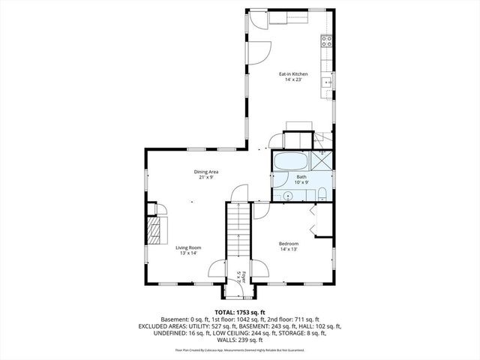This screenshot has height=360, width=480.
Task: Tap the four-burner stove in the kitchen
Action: [x=327, y=42]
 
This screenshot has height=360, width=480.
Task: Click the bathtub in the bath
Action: [x=289, y=160]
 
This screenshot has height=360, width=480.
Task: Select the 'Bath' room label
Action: [x=301, y=177]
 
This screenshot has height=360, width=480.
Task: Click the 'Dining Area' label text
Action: [x=206, y=172]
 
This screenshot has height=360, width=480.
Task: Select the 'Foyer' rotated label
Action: [x=239, y=276]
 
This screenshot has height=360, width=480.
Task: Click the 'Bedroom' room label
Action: [x=289, y=243]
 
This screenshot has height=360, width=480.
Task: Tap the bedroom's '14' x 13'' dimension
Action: [x=289, y=249]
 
